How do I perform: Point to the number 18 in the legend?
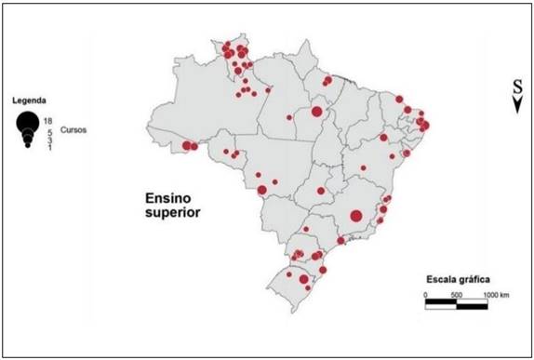47,122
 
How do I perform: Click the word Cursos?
73,131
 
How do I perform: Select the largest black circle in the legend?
27,122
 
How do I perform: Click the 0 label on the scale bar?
426,295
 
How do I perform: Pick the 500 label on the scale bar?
456,295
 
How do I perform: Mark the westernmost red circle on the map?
186,145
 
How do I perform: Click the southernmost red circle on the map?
308,287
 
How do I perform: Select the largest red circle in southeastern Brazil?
355,216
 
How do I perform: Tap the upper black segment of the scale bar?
441,301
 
